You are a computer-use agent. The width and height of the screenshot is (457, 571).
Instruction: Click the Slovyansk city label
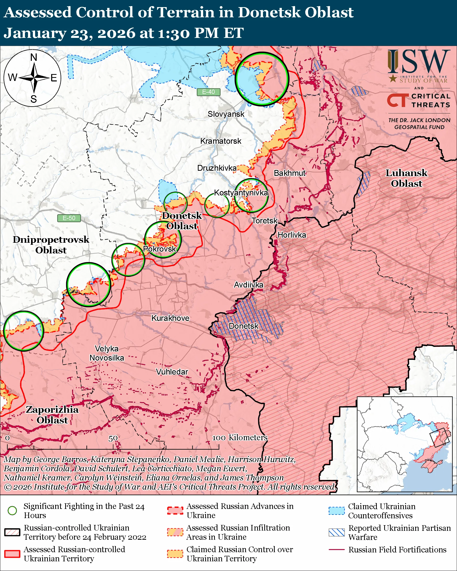pos(226,114)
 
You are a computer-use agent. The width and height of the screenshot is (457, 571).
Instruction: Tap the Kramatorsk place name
pos(221,141)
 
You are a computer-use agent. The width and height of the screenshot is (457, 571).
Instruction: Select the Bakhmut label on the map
pos(289,173)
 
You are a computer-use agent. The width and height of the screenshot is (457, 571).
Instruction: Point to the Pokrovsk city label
pos(159,249)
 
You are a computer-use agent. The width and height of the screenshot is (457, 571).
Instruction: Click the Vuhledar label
pos(172,372)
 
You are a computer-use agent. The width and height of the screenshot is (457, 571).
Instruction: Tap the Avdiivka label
pos(248,285)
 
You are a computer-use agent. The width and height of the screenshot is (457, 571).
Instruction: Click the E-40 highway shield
pos(209,92)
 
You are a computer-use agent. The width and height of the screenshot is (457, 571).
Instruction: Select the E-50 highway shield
pos(69,218)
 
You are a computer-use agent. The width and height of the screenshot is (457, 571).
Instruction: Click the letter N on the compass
pos(34,57)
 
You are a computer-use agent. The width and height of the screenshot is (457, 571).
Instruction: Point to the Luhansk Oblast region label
pos(406,178)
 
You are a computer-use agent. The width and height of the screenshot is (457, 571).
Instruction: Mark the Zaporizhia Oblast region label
pos(52,415)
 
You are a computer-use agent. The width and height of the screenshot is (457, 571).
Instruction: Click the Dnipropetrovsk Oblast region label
pos(51,245)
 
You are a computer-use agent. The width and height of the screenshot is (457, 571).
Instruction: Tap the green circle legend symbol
pos(12,510)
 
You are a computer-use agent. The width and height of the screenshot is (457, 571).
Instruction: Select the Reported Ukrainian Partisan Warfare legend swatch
pos(337,532)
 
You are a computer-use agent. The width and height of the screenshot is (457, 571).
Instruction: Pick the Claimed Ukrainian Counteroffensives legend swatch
pos(337,511)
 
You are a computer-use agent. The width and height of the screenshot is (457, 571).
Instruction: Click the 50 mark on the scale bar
pos(113,438)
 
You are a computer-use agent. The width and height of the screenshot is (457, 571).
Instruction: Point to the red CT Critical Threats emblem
pos(397,101)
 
